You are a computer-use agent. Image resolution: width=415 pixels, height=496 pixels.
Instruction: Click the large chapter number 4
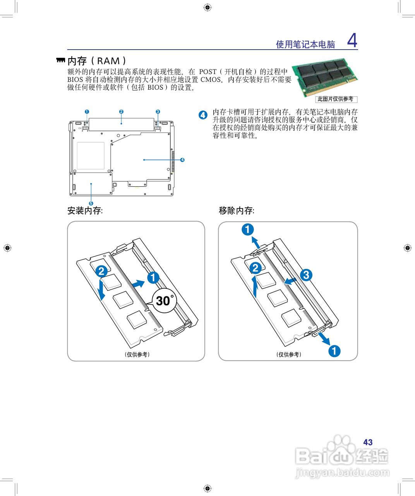[352, 40]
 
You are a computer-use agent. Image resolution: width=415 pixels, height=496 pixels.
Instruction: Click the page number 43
[368, 442]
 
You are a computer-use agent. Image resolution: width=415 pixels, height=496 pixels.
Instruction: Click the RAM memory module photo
[324, 77]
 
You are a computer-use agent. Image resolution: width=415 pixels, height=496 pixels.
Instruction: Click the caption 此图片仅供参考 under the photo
[335, 99]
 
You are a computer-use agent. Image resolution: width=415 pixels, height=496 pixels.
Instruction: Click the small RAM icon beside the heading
[60, 60]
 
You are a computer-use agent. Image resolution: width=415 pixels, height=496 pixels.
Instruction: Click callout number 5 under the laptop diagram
[91, 203]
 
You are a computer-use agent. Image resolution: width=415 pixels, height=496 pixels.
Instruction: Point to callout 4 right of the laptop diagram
[182, 159]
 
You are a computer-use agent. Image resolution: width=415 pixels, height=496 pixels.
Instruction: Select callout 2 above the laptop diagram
[121, 112]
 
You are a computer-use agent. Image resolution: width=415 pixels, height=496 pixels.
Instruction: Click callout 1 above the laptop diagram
[87, 112]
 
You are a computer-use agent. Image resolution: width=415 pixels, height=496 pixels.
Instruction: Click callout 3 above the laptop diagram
[158, 112]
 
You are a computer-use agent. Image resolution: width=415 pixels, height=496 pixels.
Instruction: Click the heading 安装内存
[85, 210]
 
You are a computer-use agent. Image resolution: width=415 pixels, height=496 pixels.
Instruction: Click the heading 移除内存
[236, 210]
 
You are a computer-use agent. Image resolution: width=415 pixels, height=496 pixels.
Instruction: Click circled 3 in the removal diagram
[306, 275]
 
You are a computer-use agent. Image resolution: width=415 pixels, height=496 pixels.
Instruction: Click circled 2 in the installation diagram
[101, 271]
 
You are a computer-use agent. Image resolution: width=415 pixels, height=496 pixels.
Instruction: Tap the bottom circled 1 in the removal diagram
[334, 351]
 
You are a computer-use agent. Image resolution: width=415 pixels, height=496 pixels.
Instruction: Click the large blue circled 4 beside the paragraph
[203, 115]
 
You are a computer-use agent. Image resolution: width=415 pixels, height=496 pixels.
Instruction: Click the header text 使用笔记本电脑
[305, 44]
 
